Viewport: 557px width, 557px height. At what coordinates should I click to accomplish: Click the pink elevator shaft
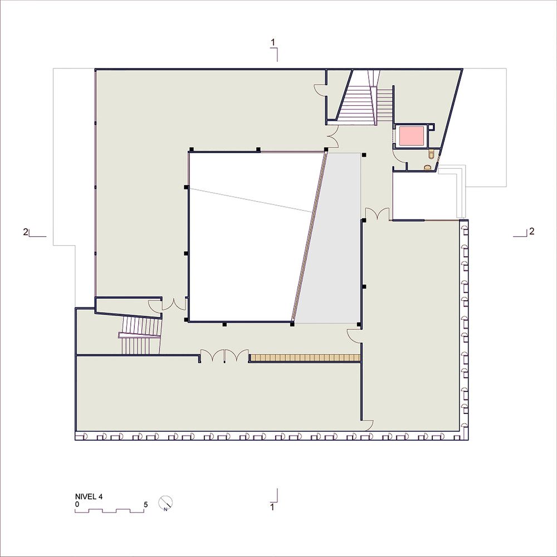412,136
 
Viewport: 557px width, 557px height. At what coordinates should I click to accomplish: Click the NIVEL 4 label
89,497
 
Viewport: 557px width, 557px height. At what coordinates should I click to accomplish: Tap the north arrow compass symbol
165,502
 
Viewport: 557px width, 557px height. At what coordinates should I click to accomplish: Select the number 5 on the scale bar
145,505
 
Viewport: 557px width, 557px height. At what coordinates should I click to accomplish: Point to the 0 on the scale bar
77,505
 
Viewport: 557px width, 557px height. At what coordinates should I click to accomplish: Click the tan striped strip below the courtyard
305,358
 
